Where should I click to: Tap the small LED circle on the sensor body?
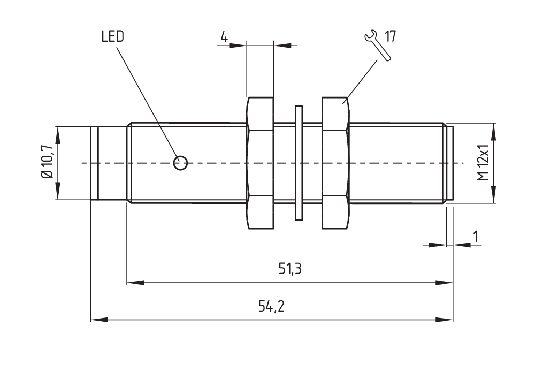pos(181,163)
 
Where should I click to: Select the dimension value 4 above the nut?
pos(224,37)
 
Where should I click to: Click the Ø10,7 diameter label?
pos(47,163)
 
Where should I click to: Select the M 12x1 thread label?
pos(484,163)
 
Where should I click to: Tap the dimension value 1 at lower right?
pos(474,236)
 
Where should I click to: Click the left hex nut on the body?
pos(260,163)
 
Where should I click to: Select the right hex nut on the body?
pos(335,163)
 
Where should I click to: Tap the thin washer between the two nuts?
pos(299,163)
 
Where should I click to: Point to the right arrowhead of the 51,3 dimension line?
pos(445,282)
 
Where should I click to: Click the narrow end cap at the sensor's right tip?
pos(450,163)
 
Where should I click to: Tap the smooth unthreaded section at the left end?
pos(109,163)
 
